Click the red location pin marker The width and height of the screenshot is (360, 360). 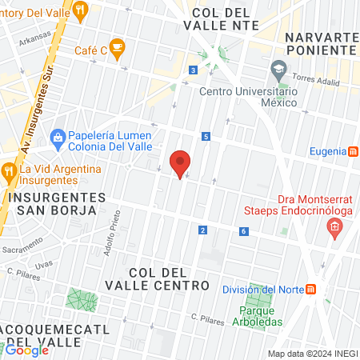pyautogui.click(x=181, y=163)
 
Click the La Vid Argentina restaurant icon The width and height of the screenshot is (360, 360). pyautogui.click(x=9, y=170)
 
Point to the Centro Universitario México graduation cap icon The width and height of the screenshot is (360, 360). pyautogui.click(x=278, y=70)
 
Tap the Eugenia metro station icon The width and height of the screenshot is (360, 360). pyautogui.click(x=353, y=152)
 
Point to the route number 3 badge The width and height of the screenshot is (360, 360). pyautogui.click(x=194, y=70)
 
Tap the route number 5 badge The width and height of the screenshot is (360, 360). pyautogui.click(x=206, y=137)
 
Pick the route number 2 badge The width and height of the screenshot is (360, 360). pyautogui.click(x=202, y=230)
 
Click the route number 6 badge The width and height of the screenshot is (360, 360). pyautogui.click(x=242, y=231)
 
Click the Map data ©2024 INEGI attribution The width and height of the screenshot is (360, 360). pyautogui.click(x=312, y=354)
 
